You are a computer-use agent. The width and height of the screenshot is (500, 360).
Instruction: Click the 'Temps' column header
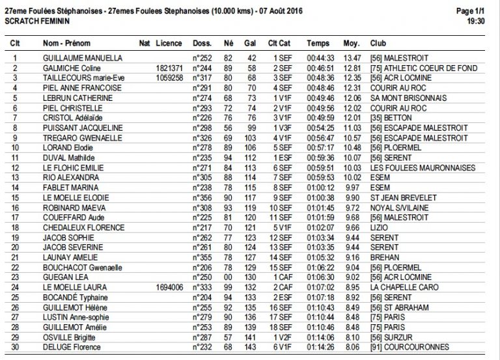click(x=318, y=43)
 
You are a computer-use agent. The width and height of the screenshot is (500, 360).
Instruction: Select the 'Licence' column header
click(x=169, y=43)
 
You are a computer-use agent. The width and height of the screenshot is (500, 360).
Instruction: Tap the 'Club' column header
click(x=378, y=43)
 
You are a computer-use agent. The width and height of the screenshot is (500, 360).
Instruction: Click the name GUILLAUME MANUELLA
click(x=82, y=58)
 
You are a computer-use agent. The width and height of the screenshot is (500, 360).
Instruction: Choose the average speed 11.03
click(x=352, y=127)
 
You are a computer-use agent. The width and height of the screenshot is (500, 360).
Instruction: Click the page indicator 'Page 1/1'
click(x=470, y=11)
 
